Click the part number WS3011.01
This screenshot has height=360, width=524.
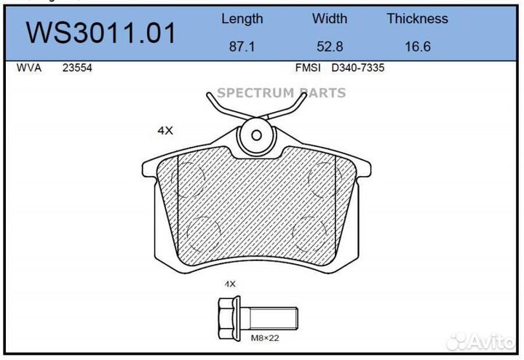101,33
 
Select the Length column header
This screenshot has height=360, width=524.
242,19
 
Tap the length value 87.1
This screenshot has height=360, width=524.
242,47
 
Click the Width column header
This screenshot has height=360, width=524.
330,18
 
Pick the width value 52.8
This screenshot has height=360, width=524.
330,47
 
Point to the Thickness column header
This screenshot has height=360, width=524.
418,18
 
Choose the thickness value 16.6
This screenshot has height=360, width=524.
418,47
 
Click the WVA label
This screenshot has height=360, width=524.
29,68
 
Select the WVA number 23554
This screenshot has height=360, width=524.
77,68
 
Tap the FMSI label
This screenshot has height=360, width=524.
308,68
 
